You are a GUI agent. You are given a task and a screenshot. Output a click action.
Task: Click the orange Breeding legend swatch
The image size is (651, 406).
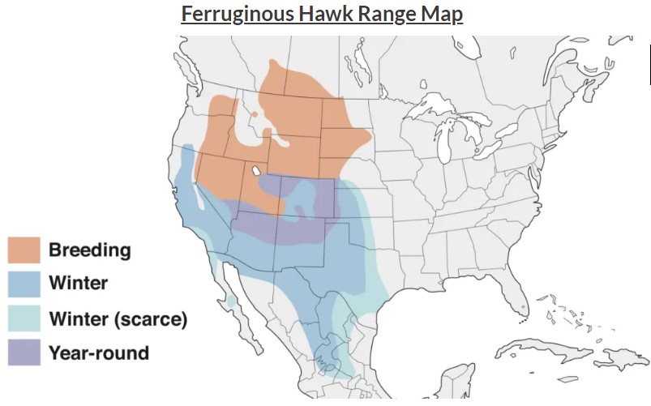pyautogui.click(x=24, y=250)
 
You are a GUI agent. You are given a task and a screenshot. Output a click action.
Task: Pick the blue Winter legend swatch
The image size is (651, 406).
pyautogui.click(x=24, y=284)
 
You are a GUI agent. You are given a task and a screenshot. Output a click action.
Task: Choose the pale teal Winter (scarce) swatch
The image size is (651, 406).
pyautogui.click(x=24, y=318)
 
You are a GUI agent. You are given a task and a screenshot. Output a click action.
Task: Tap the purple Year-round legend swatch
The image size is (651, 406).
pyautogui.click(x=24, y=353)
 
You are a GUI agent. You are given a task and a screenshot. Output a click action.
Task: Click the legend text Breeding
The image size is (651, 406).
pyautogui.click(x=89, y=250)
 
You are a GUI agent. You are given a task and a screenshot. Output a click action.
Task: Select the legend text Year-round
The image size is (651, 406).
pyautogui.click(x=99, y=353)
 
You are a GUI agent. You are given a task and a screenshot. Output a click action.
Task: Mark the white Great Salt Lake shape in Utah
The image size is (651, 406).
pyautogui.click(x=256, y=171)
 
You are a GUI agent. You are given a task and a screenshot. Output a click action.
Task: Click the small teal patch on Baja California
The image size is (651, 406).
pyautogui.click(x=232, y=301)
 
